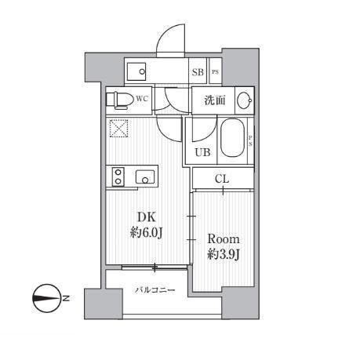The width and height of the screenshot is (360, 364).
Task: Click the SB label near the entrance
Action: click(198, 72)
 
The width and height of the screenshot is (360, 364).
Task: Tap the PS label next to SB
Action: click(215, 72)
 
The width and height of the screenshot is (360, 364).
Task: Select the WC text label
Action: click(142, 99)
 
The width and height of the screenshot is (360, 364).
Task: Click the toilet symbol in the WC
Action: click(120, 100)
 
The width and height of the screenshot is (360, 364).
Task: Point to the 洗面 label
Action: click(216, 100)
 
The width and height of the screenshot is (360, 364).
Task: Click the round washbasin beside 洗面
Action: click(244, 100)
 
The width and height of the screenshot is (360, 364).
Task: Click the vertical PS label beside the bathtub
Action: click(250, 142)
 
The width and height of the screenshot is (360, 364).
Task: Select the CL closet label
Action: click(223, 179)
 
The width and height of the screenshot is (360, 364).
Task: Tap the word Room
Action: click(223, 238)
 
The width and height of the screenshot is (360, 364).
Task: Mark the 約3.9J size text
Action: click(223, 254)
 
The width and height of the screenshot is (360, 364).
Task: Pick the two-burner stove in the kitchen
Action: click(118, 177)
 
